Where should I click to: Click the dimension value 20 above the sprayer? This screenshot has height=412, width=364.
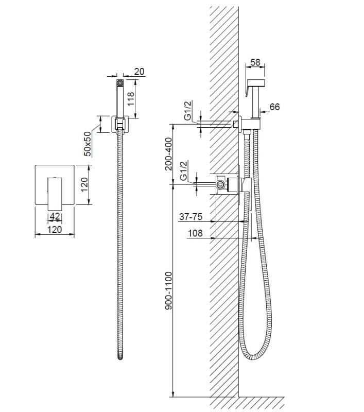(140, 72)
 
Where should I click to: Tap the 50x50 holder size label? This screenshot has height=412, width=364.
(88, 143)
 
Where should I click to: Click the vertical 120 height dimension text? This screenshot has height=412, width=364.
(85, 184)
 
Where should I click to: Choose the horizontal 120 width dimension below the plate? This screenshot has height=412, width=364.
(55, 229)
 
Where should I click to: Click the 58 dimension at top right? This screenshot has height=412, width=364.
(255, 62)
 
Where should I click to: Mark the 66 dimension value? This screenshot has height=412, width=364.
(274, 107)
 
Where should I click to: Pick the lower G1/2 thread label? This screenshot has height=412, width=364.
(184, 171)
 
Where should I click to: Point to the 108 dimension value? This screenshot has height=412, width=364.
(195, 233)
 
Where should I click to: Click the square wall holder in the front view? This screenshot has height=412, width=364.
(120, 124)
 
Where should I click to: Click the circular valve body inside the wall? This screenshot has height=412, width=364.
(221, 184)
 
